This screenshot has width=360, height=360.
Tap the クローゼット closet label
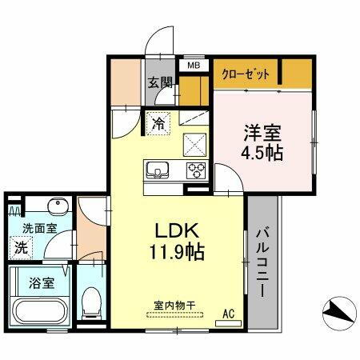click(x=246, y=73)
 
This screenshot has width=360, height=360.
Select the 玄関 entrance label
click(x=160, y=82)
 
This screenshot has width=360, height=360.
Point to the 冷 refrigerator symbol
click(x=158, y=124)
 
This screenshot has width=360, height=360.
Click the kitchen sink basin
click(x=156, y=170)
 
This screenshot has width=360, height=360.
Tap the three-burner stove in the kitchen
click(x=196, y=170)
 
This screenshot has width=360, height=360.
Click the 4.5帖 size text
click(x=262, y=153)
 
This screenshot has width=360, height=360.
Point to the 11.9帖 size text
click(x=175, y=253)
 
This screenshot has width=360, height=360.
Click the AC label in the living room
click(x=226, y=313)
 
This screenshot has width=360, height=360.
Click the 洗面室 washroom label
click(x=35, y=229)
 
